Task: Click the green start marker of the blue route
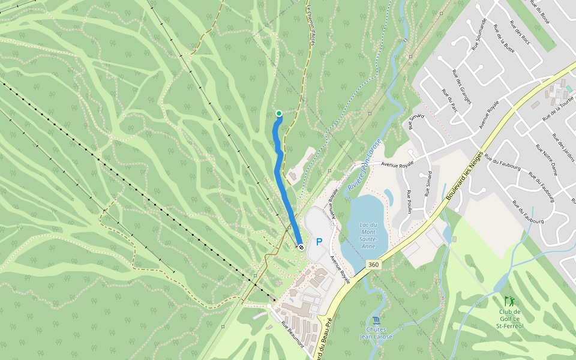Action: click(x=279, y=113)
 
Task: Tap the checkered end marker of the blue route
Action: click(x=301, y=246)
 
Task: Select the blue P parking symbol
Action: click(x=319, y=242)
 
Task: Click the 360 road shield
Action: click(x=374, y=265)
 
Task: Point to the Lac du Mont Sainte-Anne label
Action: click(x=372, y=232)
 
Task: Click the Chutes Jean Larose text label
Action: click(x=376, y=333)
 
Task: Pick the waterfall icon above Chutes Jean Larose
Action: click(x=376, y=320)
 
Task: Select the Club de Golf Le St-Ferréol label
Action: click(x=509, y=318)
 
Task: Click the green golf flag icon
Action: click(x=509, y=301)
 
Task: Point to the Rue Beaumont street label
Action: click(x=293, y=334)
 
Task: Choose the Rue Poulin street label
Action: click(x=409, y=202)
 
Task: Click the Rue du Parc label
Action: click(x=449, y=101)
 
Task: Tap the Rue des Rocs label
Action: click(x=520, y=32)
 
